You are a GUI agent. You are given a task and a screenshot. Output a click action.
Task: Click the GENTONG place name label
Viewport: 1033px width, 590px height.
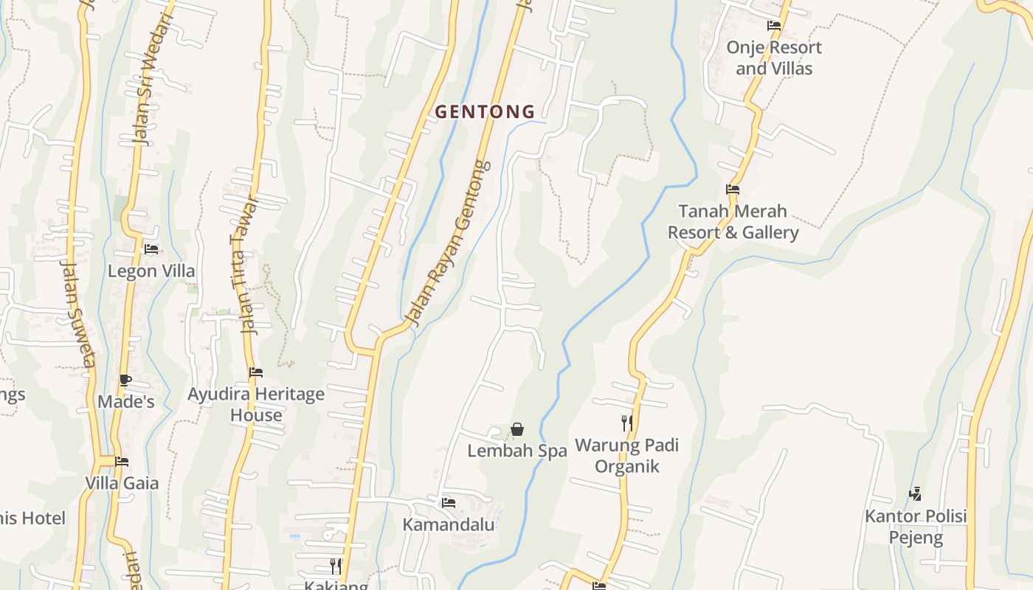pyautogui.click(x=485, y=112)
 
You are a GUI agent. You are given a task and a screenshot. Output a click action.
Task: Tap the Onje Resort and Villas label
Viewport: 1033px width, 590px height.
pyautogui.click(x=773, y=58)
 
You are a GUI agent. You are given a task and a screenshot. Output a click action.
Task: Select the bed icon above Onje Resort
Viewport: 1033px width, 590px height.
pyautogui.click(x=773, y=26)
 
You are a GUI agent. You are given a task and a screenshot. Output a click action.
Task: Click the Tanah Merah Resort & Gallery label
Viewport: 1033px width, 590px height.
pyautogui.click(x=733, y=222)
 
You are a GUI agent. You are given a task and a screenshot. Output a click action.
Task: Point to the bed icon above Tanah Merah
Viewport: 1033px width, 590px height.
pyautogui.click(x=733, y=190)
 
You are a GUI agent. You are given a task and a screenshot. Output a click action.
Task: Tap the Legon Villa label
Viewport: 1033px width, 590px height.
pyautogui.click(x=151, y=271)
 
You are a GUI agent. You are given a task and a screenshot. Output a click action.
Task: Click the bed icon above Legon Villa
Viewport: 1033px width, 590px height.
pyautogui.click(x=151, y=249)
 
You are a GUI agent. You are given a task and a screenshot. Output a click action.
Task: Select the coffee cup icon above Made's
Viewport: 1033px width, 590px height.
pyautogui.click(x=125, y=381)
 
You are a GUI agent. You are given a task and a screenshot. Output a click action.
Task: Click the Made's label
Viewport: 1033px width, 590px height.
pyautogui.click(x=126, y=402)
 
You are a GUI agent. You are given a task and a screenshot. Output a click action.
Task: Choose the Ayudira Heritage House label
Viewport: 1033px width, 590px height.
pyautogui.click(x=256, y=404)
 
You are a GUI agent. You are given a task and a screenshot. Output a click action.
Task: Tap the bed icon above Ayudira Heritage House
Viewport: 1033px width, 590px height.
pyautogui.click(x=256, y=372)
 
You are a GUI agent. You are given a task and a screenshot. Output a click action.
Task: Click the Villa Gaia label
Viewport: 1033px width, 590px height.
pyautogui.click(x=122, y=484)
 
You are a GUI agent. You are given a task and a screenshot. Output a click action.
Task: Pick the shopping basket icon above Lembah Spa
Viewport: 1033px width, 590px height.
pyautogui.click(x=517, y=429)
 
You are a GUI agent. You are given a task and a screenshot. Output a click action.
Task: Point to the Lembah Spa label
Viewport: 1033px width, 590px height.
pyautogui.click(x=517, y=451)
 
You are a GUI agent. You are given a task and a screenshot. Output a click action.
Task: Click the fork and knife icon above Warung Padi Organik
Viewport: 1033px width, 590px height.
pyautogui.click(x=627, y=423)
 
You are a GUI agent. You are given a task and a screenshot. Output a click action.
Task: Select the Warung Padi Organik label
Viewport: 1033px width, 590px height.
pyautogui.click(x=627, y=456)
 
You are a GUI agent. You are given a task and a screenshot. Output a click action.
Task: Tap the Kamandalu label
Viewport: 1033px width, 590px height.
pyautogui.click(x=449, y=525)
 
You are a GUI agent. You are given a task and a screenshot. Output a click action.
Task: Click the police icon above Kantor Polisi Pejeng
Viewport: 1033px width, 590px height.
pyautogui.click(x=916, y=493)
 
